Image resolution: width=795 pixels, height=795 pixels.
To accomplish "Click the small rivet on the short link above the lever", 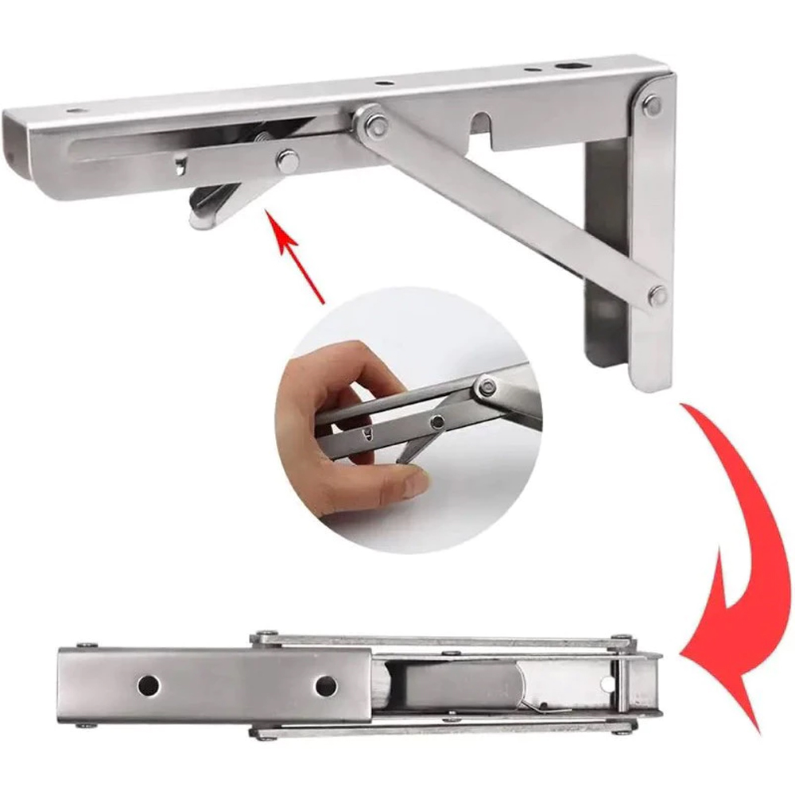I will point(285,158).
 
